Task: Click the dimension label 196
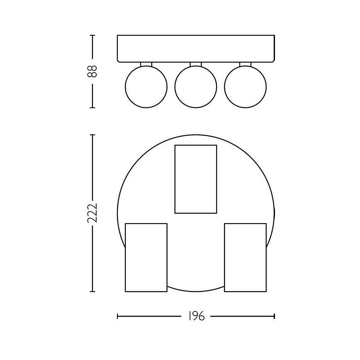[x=196, y=316]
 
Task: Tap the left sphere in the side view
[x=146, y=87]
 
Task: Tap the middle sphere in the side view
[x=196, y=87]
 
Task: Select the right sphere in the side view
[x=245, y=87]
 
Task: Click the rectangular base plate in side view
[x=196, y=49]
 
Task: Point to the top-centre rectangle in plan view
[x=196, y=179]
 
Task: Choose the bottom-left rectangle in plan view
[x=146, y=257]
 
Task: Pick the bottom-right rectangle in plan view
[x=245, y=257]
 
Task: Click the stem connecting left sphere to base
[x=146, y=64]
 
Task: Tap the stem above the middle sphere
[x=196, y=64]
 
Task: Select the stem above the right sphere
[x=245, y=64]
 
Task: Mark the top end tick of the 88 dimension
[x=92, y=35]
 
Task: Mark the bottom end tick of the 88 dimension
[x=92, y=107]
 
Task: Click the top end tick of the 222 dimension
[x=92, y=135]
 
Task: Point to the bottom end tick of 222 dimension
[x=92, y=292]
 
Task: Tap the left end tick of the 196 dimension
[x=118, y=316]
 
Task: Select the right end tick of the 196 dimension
[x=274, y=316]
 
